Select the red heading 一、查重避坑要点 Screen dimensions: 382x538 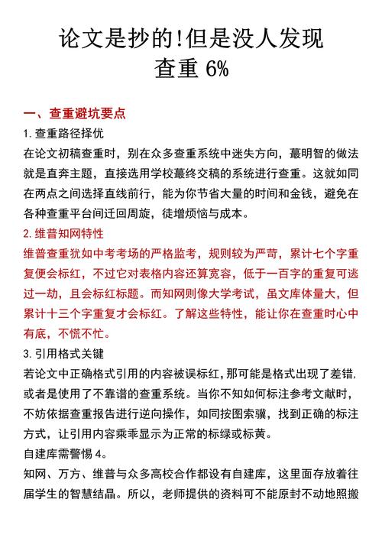[75, 115]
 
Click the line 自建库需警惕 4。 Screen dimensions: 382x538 [64, 453]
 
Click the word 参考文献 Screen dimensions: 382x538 [312, 393]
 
